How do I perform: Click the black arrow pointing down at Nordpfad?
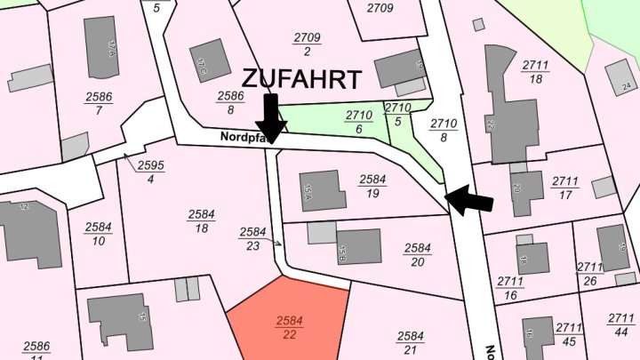click(x=271, y=116)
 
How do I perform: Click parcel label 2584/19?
click(x=373, y=185)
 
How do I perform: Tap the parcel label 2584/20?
click(x=417, y=254)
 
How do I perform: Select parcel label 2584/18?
click(x=202, y=220)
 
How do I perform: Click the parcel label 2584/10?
click(x=98, y=233)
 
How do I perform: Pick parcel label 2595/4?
click(x=150, y=172)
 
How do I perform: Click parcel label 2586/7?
click(x=99, y=103)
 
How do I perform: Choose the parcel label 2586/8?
click(x=230, y=102)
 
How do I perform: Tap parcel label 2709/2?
click(x=307, y=44)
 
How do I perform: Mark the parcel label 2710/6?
click(x=358, y=122)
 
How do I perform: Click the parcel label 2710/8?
click(x=443, y=130)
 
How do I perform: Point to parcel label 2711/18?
click(x=536, y=72)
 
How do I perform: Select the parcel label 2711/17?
click(x=564, y=187)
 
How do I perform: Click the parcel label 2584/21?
click(x=410, y=342)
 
